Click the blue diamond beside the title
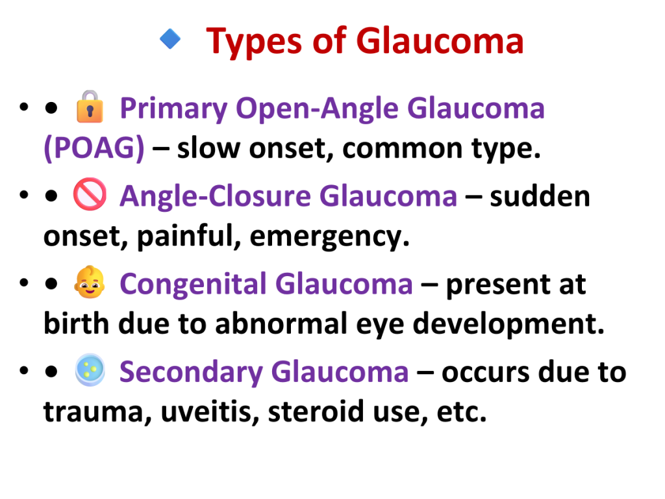(x=170, y=39)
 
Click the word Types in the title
(x=253, y=42)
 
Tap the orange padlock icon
(x=90, y=107)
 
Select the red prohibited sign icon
(x=90, y=194)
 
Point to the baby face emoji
(x=89, y=282)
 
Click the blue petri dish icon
(x=90, y=370)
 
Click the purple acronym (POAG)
(x=94, y=148)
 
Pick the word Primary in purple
(x=174, y=109)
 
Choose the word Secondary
(x=192, y=372)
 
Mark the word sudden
(x=540, y=196)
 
